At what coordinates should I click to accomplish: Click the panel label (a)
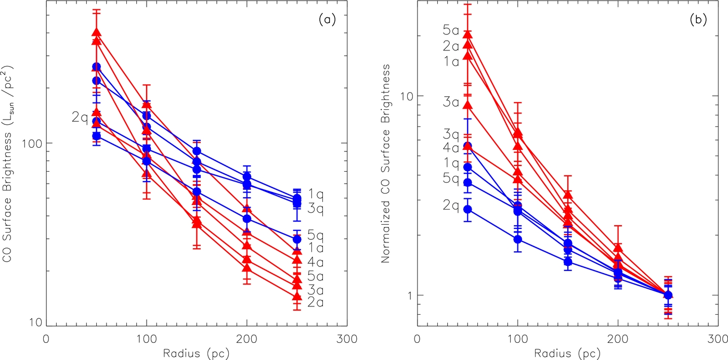[327, 20]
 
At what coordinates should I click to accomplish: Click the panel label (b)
[698, 20]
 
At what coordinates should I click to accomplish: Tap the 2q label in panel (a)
[80, 118]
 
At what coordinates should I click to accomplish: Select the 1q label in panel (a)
[316, 194]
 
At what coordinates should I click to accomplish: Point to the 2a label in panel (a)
[316, 302]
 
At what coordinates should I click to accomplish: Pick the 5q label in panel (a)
[316, 235]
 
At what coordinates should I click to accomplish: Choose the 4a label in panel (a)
[316, 262]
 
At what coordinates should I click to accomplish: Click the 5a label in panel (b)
[451, 30]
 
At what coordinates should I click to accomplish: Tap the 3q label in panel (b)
[451, 134]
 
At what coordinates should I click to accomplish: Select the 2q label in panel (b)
[451, 205]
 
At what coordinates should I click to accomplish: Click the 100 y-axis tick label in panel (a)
[31, 143]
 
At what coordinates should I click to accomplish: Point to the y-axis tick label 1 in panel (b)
[410, 295]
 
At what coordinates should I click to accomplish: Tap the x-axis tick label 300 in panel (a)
[347, 339]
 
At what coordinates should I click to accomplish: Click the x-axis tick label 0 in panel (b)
[417, 339]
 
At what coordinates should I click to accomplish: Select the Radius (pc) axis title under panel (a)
[197, 353]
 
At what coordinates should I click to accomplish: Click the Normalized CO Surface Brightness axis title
[385, 163]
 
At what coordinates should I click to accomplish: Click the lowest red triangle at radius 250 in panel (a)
[296, 296]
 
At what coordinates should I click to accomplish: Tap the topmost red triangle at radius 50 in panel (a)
[97, 32]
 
